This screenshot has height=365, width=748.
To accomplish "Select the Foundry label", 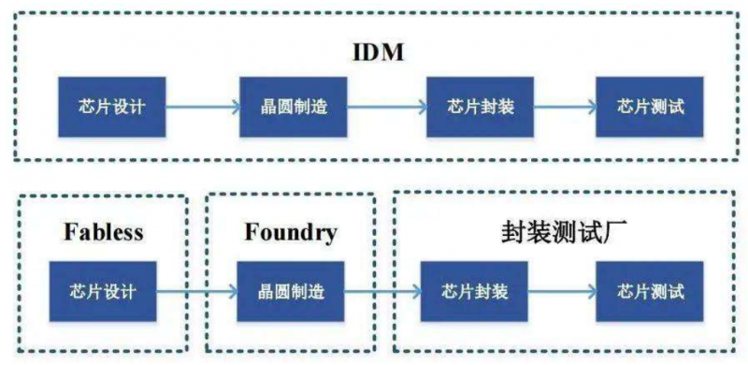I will (x=291, y=231).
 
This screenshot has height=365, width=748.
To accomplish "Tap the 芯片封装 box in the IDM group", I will (x=471, y=105).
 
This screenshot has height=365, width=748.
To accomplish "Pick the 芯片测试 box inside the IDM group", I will (x=651, y=105).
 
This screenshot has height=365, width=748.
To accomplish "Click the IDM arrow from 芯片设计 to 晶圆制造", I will (x=204, y=105).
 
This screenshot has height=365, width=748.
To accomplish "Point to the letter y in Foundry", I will (x=330, y=234).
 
